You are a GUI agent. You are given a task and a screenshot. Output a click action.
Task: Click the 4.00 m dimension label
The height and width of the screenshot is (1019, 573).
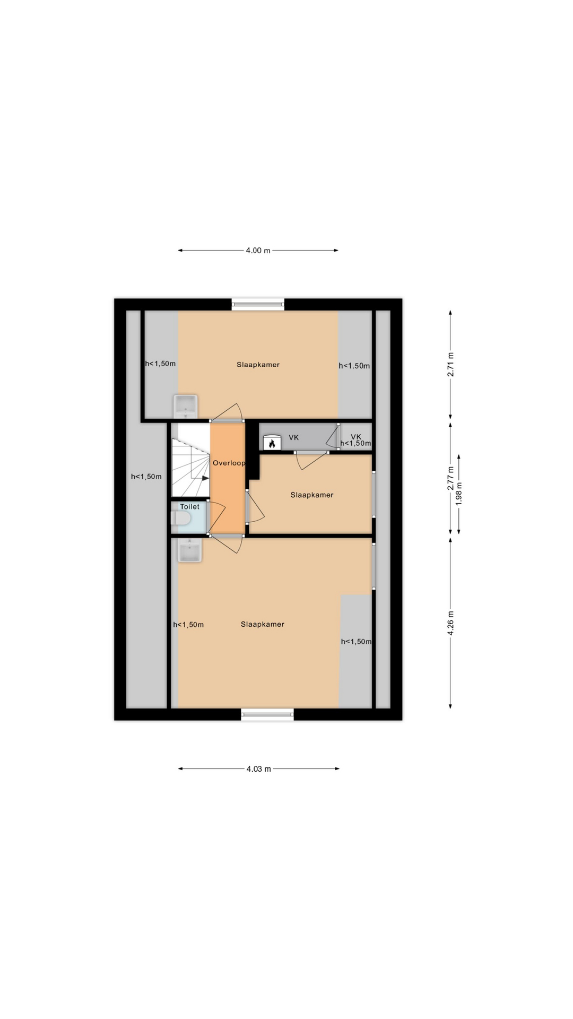click(258, 251)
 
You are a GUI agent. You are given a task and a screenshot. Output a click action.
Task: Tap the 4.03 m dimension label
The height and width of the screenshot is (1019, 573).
click(258, 768)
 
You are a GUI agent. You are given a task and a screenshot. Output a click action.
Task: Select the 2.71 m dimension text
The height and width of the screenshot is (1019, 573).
click(450, 365)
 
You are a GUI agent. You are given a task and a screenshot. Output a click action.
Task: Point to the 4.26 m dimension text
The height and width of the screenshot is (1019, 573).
click(450, 624)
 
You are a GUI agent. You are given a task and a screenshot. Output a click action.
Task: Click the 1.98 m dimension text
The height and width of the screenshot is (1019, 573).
click(459, 493)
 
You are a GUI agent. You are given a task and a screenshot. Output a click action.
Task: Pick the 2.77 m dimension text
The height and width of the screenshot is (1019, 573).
click(450, 478)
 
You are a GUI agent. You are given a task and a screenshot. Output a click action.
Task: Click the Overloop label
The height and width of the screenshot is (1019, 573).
click(229, 463)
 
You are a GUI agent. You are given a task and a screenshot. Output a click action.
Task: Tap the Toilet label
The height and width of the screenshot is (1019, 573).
click(189, 506)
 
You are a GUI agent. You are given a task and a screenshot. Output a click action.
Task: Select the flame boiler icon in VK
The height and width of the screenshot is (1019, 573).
click(271, 442)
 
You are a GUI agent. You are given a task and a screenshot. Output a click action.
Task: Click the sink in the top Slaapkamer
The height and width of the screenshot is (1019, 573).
click(186, 407)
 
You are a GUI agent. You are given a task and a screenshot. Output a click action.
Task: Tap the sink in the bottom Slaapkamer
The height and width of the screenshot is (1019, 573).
click(189, 550)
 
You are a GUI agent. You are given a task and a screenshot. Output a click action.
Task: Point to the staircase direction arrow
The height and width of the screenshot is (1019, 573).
click(204, 478)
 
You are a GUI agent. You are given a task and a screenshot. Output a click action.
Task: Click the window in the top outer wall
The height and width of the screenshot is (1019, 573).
click(258, 305)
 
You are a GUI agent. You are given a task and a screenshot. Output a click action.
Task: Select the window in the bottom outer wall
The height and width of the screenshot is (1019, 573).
click(267, 714)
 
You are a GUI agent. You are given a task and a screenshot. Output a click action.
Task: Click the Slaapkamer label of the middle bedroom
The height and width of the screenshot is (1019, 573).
click(312, 495)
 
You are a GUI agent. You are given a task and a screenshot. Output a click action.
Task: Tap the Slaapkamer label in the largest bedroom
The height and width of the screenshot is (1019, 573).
click(262, 624)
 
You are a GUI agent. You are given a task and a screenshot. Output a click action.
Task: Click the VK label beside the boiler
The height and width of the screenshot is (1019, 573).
click(293, 437)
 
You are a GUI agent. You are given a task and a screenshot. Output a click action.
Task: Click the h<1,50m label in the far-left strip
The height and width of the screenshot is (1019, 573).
click(146, 477)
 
